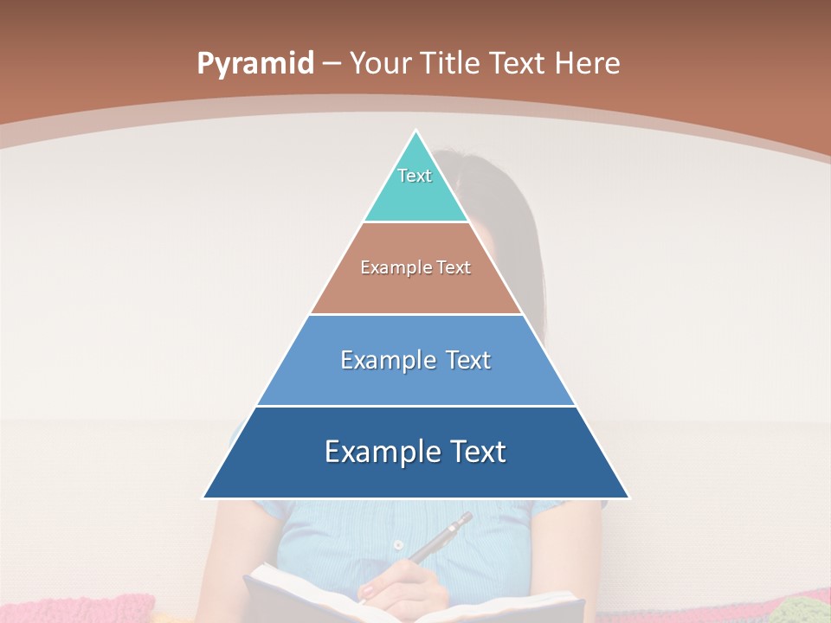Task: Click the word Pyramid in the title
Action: click(x=254, y=64)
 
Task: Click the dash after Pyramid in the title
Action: click(x=331, y=64)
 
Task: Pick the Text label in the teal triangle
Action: click(x=415, y=176)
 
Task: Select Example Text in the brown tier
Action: click(x=415, y=267)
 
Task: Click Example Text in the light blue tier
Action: click(x=415, y=360)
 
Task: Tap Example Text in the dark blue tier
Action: click(x=415, y=452)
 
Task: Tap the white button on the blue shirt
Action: click(x=397, y=545)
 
